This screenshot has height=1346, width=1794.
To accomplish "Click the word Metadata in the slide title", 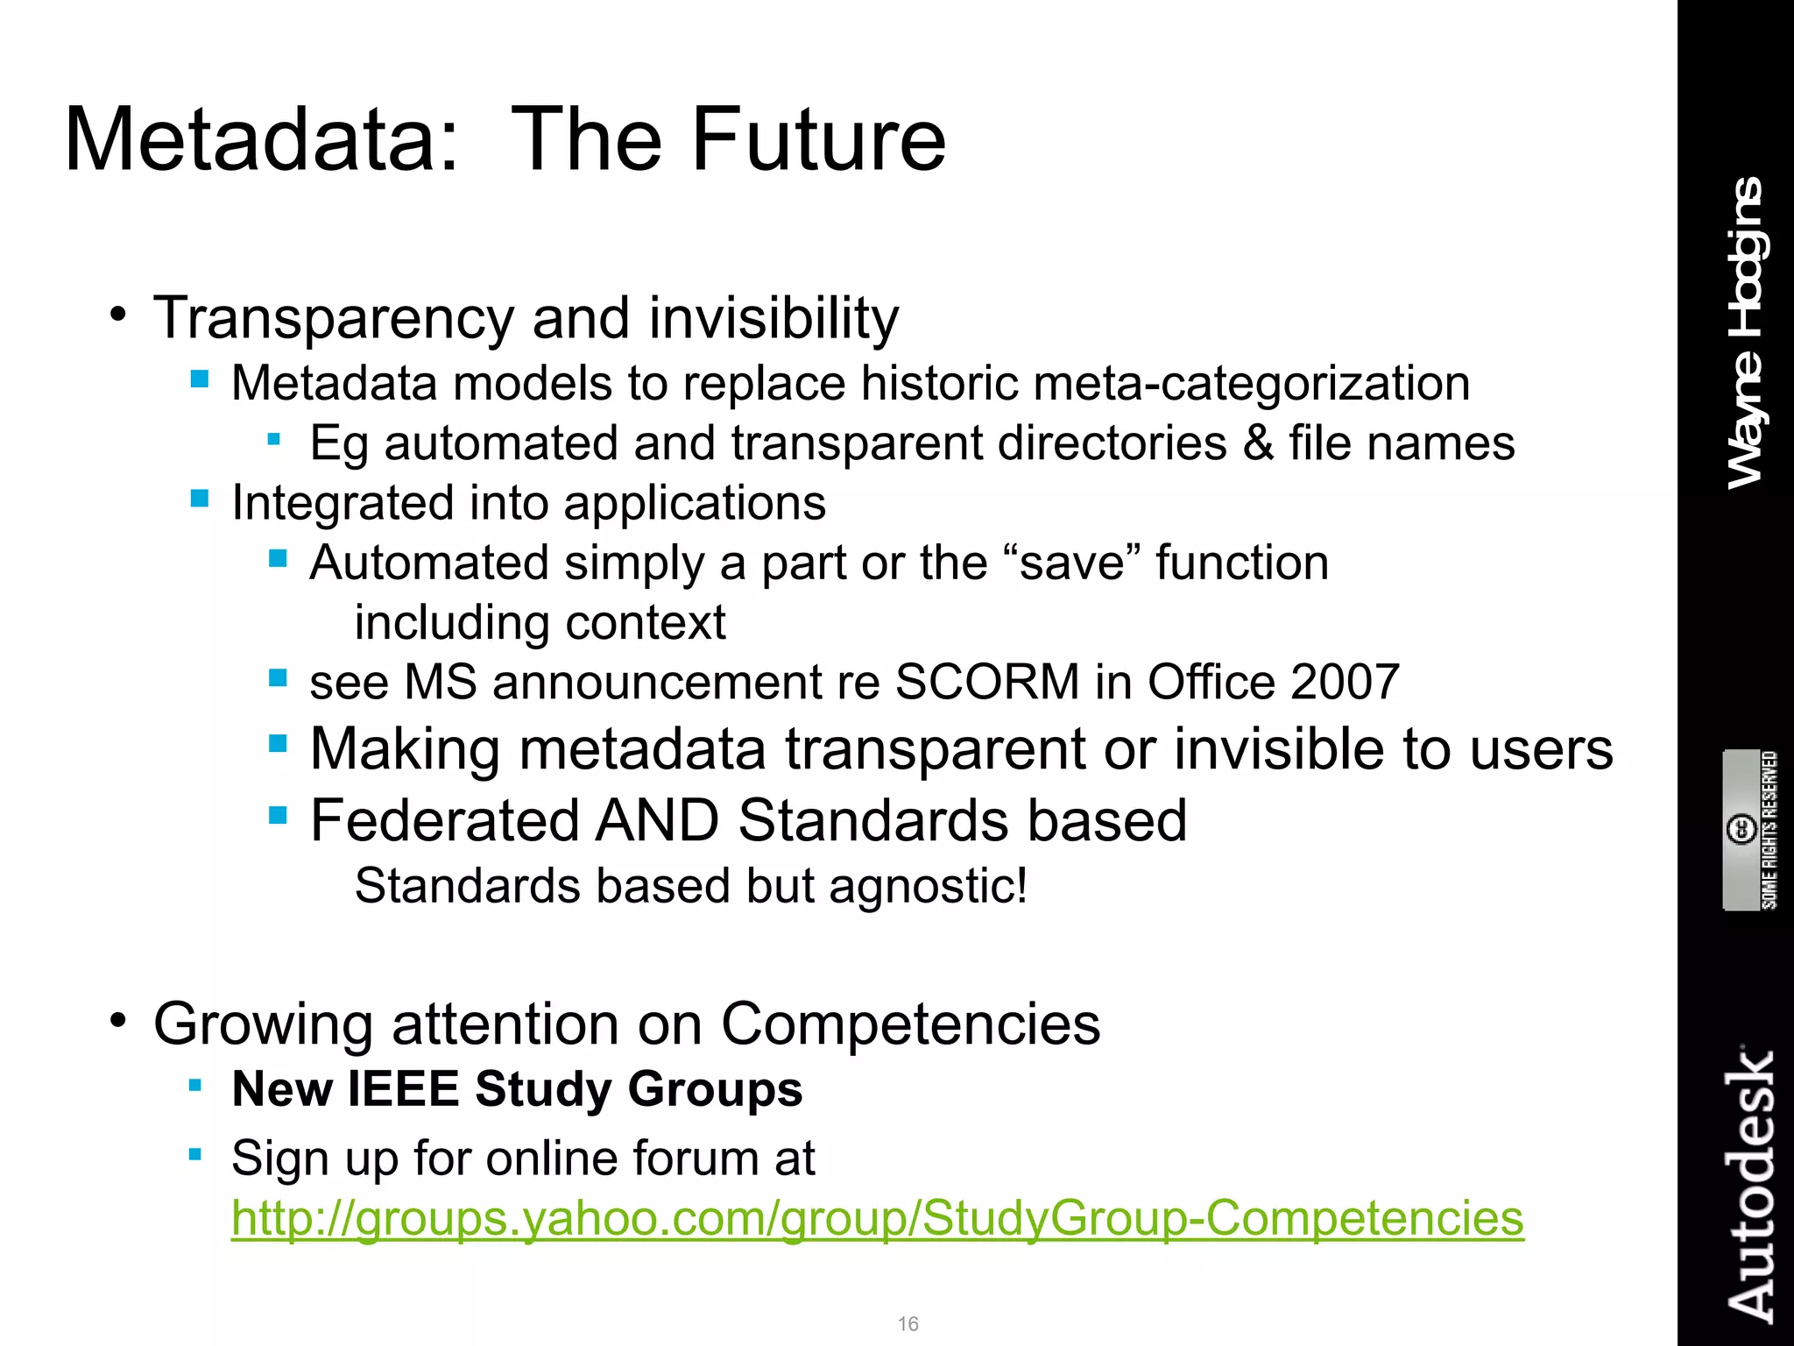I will (x=261, y=140).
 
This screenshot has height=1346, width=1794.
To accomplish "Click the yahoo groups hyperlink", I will (x=877, y=1219).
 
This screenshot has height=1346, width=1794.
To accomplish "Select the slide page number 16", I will (x=908, y=1323).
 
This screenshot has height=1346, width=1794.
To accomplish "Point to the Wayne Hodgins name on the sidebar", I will (x=1746, y=333).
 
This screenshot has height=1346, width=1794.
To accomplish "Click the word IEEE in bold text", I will (x=404, y=1089).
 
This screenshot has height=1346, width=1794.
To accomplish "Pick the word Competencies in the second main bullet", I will (x=910, y=1024).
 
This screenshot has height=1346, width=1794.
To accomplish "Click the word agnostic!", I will (x=928, y=886).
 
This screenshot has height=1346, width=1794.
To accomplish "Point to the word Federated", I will (x=445, y=821).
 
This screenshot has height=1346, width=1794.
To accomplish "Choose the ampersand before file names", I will (x=1258, y=443).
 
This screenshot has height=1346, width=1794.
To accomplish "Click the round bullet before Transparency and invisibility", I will (x=119, y=314).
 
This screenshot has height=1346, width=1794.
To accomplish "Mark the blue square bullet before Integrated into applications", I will (x=200, y=499).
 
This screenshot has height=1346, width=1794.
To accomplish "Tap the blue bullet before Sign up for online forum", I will (x=195, y=1154).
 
